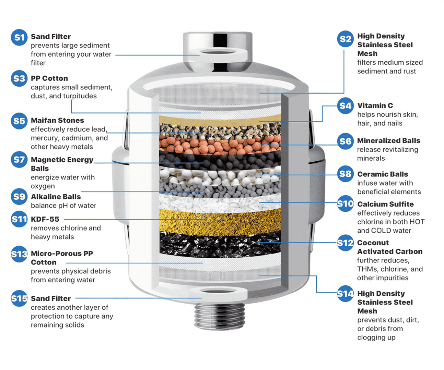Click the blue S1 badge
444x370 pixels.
tap(19, 37)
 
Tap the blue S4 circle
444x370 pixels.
tap(345, 106)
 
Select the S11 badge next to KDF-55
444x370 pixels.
tap(19, 219)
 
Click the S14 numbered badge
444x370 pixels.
tap(345, 294)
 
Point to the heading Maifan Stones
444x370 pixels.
tap(57, 120)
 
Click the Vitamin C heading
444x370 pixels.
tap(375, 106)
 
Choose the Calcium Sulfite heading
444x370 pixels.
tap(386, 204)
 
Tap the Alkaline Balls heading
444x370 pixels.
tap(56, 197)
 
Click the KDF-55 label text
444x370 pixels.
tap(45, 219)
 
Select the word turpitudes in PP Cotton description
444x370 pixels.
tap(80, 96)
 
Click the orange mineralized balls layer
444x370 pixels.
tap(220, 145)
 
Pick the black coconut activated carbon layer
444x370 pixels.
tap(220, 244)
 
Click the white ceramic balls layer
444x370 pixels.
tap(220, 176)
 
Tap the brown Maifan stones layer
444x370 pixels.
tap(220, 130)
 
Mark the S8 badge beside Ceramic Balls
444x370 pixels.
tap(345, 174)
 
